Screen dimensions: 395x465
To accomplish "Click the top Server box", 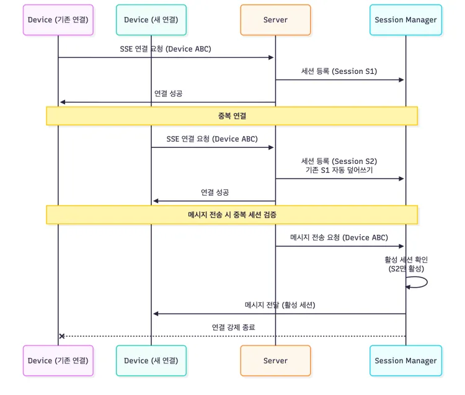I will tap(275, 20).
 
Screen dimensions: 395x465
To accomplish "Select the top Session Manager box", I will tap(405, 20).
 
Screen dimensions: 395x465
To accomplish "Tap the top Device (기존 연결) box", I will tap(58, 20).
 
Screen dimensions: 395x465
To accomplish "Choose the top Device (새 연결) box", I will tap(151, 20).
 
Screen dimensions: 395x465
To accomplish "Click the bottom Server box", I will tap(275, 360).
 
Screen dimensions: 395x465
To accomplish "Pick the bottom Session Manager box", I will tap(405, 360).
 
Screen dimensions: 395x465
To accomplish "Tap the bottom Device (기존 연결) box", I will tap(58, 360).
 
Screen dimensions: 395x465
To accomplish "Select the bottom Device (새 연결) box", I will tap(151, 360).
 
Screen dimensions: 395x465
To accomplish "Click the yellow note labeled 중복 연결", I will tap(232, 116).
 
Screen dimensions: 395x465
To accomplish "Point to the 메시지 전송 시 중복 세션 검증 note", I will tap(232, 214).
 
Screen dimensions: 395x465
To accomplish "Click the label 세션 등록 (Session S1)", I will tap(339, 71).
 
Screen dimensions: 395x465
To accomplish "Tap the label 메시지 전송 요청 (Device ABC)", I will tap(339, 237).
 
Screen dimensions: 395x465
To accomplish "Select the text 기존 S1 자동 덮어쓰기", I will tap(339, 170).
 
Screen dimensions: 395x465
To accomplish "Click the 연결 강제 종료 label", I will tap(233, 327).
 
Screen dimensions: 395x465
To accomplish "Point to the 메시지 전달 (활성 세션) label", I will tap(280, 304).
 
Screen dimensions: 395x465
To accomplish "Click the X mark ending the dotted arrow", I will tap(61, 336).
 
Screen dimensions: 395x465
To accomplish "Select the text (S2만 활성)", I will tap(406, 268).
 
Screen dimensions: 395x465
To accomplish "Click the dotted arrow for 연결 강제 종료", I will tap(233, 336).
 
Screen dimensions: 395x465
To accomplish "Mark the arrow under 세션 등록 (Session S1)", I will tap(340, 79).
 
